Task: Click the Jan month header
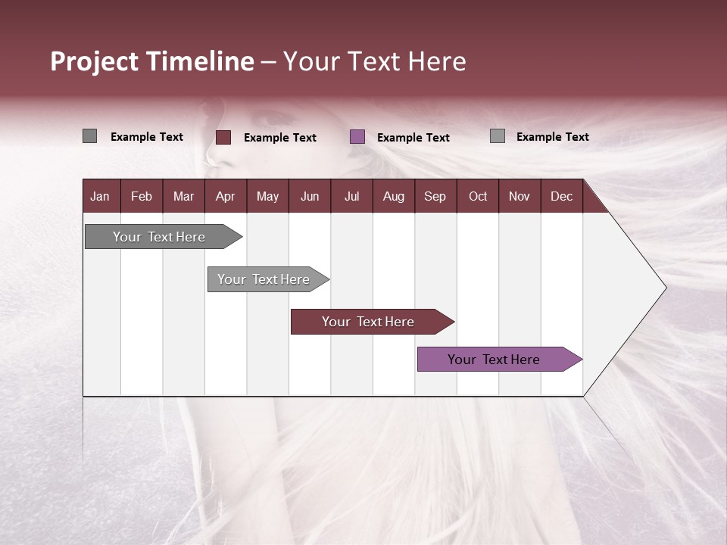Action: click(100, 196)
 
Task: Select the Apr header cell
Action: click(225, 196)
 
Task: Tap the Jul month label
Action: click(351, 196)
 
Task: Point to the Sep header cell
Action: click(435, 196)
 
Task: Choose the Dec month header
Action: click(561, 196)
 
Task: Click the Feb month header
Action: click(142, 196)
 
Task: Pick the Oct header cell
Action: click(478, 196)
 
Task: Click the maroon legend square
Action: click(223, 137)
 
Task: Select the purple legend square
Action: click(357, 137)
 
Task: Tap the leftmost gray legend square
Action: click(89, 136)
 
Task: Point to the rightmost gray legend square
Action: click(498, 136)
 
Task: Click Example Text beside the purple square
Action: click(413, 138)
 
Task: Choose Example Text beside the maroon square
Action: click(280, 138)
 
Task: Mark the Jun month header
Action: click(310, 196)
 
